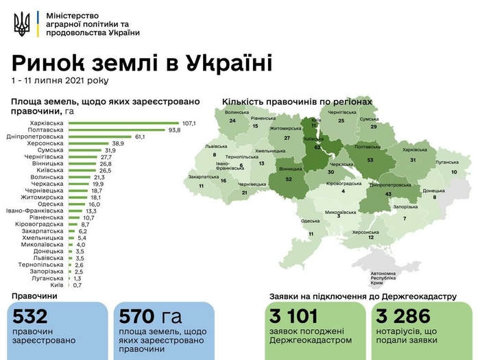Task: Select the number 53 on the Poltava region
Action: click(370, 160)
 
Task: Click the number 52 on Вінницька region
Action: click(289, 179)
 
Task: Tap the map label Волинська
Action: click(236, 112)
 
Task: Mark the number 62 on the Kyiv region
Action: click(317, 147)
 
